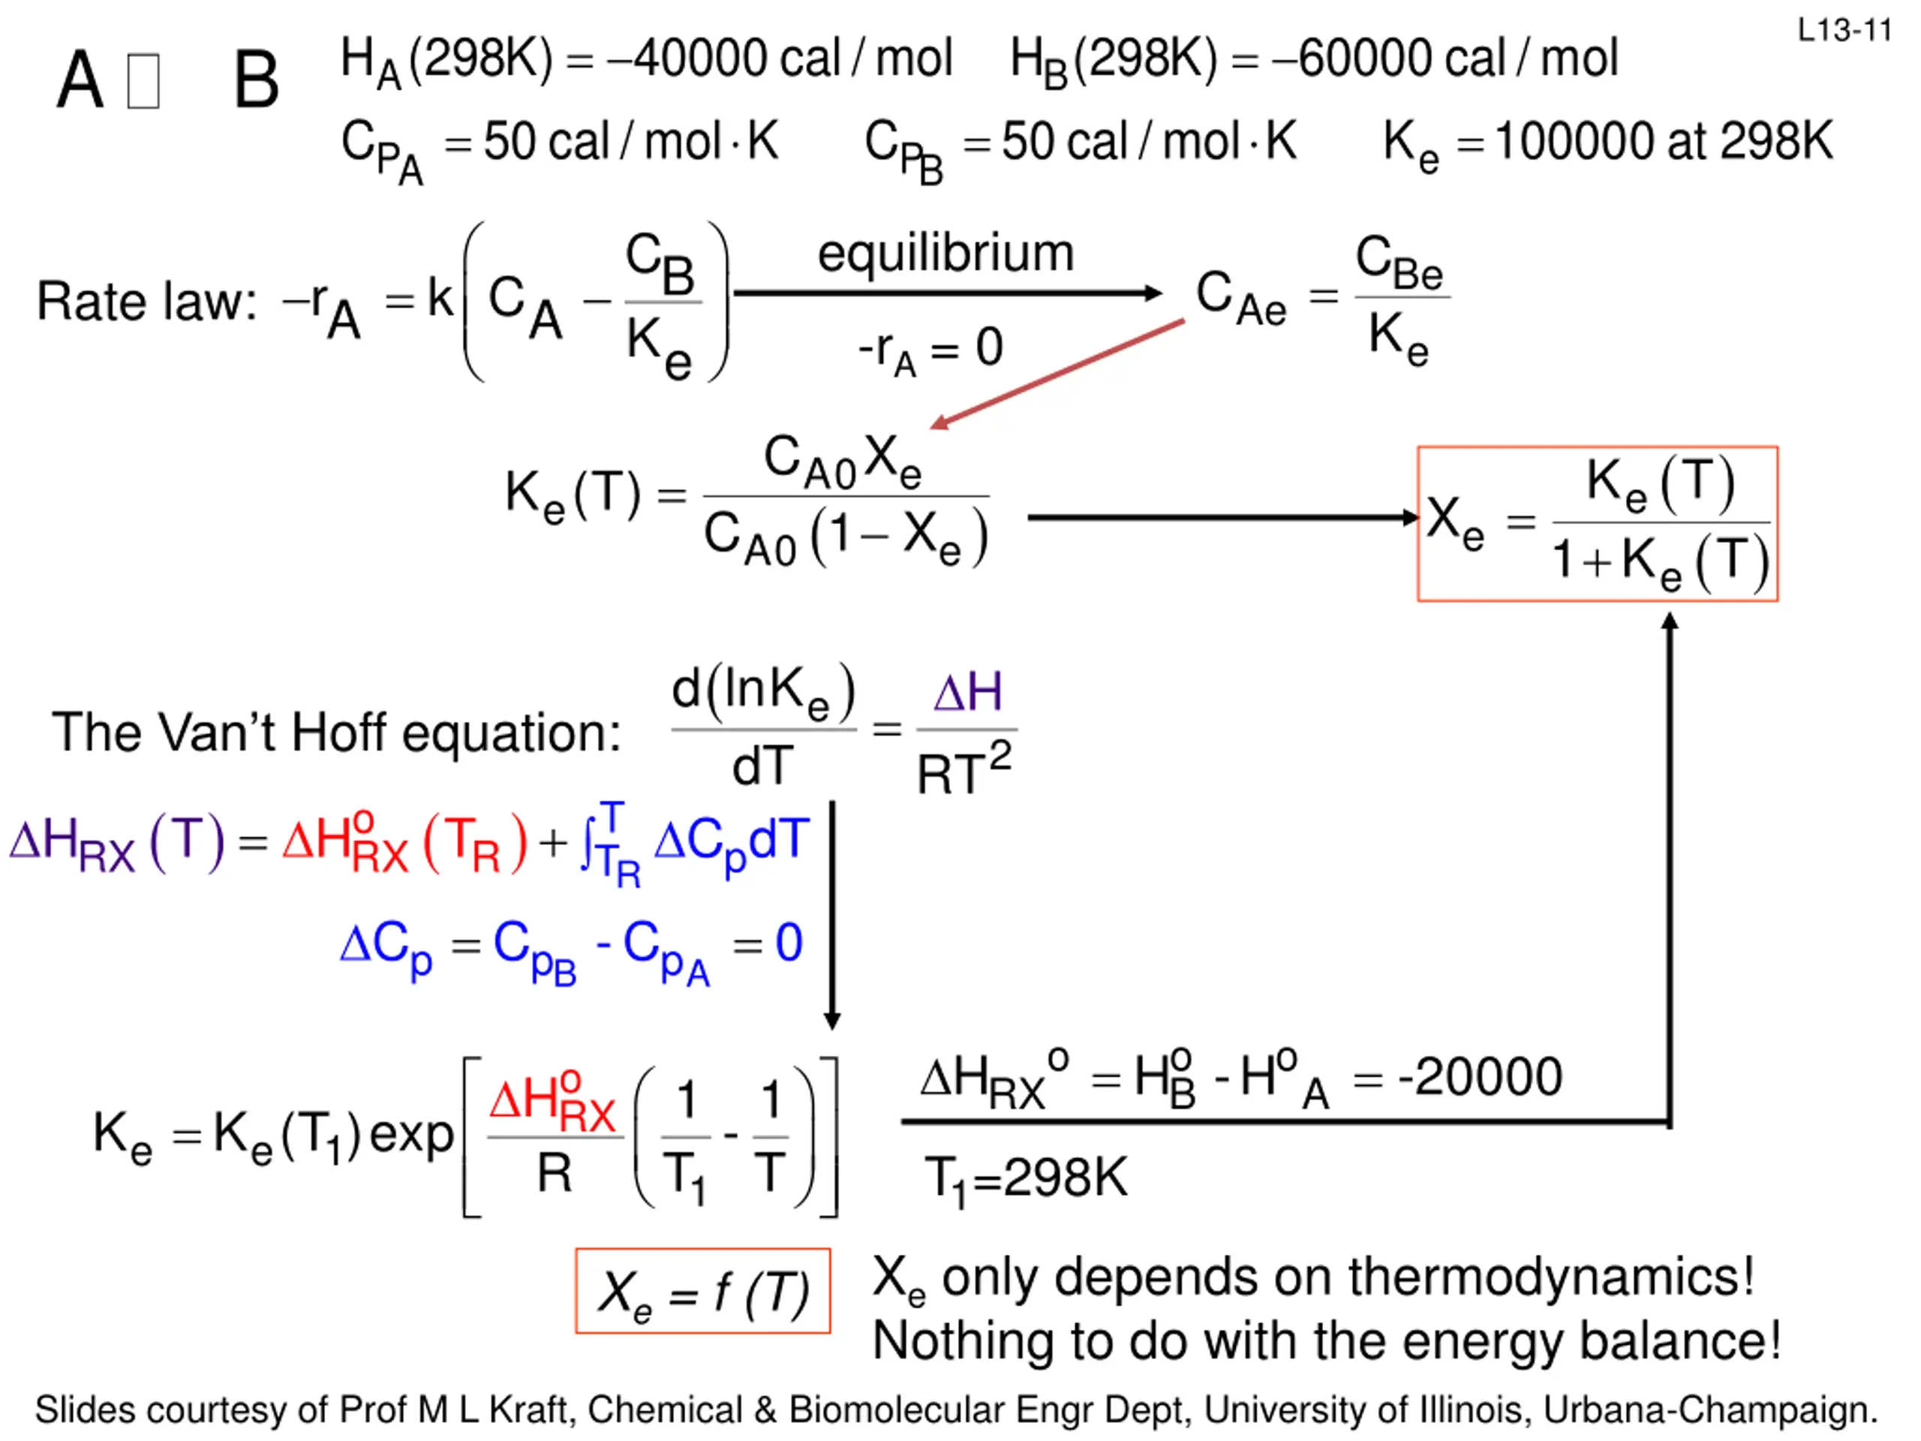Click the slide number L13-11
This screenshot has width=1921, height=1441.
click(1844, 32)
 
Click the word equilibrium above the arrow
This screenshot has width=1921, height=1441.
click(945, 253)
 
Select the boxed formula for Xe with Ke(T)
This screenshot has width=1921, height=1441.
click(1597, 524)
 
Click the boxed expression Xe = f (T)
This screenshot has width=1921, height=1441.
click(702, 1291)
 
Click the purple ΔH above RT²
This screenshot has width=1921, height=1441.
click(967, 693)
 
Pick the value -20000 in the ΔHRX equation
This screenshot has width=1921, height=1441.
click(1480, 1077)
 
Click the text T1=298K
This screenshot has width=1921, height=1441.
click(1026, 1178)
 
